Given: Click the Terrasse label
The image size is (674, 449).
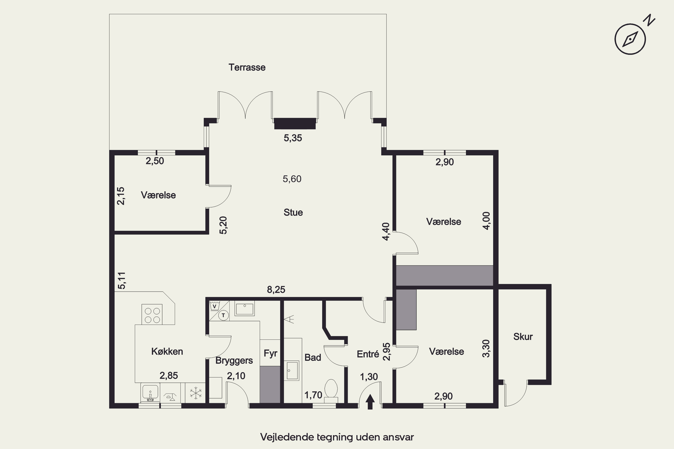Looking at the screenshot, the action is coord(247,67).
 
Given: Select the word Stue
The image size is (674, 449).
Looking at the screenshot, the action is coord(293,212).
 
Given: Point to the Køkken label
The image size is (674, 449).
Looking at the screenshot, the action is coord(167,351).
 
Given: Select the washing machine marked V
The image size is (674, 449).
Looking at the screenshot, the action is coord(214,306).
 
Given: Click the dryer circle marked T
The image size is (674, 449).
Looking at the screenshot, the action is coord(224,316).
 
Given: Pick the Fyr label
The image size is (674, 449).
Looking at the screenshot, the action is coord(270,353).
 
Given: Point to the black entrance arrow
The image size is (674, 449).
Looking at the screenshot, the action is coord(370,402).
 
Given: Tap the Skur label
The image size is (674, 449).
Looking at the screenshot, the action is coord(523,337).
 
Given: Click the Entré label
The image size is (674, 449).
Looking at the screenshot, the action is coord(368,354).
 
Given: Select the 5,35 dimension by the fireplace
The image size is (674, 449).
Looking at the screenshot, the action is coord(293,138).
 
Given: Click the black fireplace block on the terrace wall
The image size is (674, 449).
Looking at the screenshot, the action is coord(295,123).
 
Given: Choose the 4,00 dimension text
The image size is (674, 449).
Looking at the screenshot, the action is coord(487,220).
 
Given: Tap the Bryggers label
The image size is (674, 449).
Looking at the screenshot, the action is coord(234,361).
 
